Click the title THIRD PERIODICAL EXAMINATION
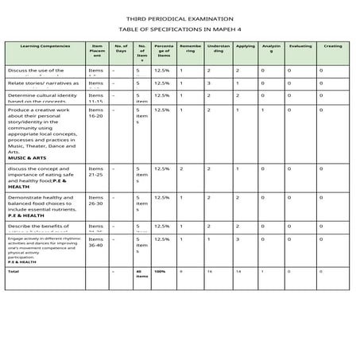pyautogui.click(x=179, y=17)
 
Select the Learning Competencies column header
pyautogui.click(x=45, y=46)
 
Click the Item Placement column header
pyautogui.click(x=97, y=51)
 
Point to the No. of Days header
pyautogui.click(x=121, y=48)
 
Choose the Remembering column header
pyautogui.click(x=192, y=48)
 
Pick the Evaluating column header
pyautogui.click(x=300, y=46)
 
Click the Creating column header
pyautogui.click(x=333, y=46)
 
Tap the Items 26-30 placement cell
pyautogui.click(x=96, y=200)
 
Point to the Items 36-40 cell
pyautogui.click(x=96, y=242)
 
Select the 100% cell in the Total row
pyautogui.click(x=160, y=271)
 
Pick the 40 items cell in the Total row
pyautogui.click(x=139, y=273)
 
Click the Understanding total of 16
pyautogui.click(x=209, y=271)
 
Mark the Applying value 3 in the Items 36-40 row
pyautogui.click(x=237, y=238)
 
